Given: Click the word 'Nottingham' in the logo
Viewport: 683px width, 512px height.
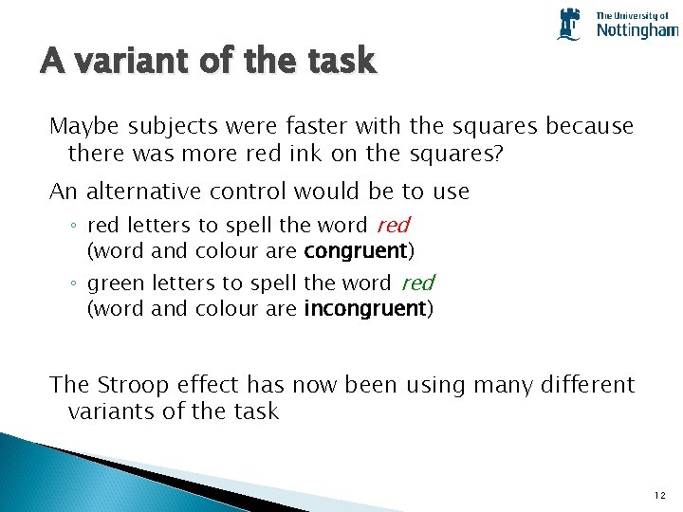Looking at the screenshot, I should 637,30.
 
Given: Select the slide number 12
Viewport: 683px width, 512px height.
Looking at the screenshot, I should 660,496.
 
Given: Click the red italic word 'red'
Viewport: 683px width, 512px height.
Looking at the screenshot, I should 393,226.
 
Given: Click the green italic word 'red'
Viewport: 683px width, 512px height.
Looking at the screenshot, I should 417,283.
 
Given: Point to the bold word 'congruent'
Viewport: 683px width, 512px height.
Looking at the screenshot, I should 355,251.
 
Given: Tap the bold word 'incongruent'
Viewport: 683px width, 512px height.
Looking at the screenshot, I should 364,309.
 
